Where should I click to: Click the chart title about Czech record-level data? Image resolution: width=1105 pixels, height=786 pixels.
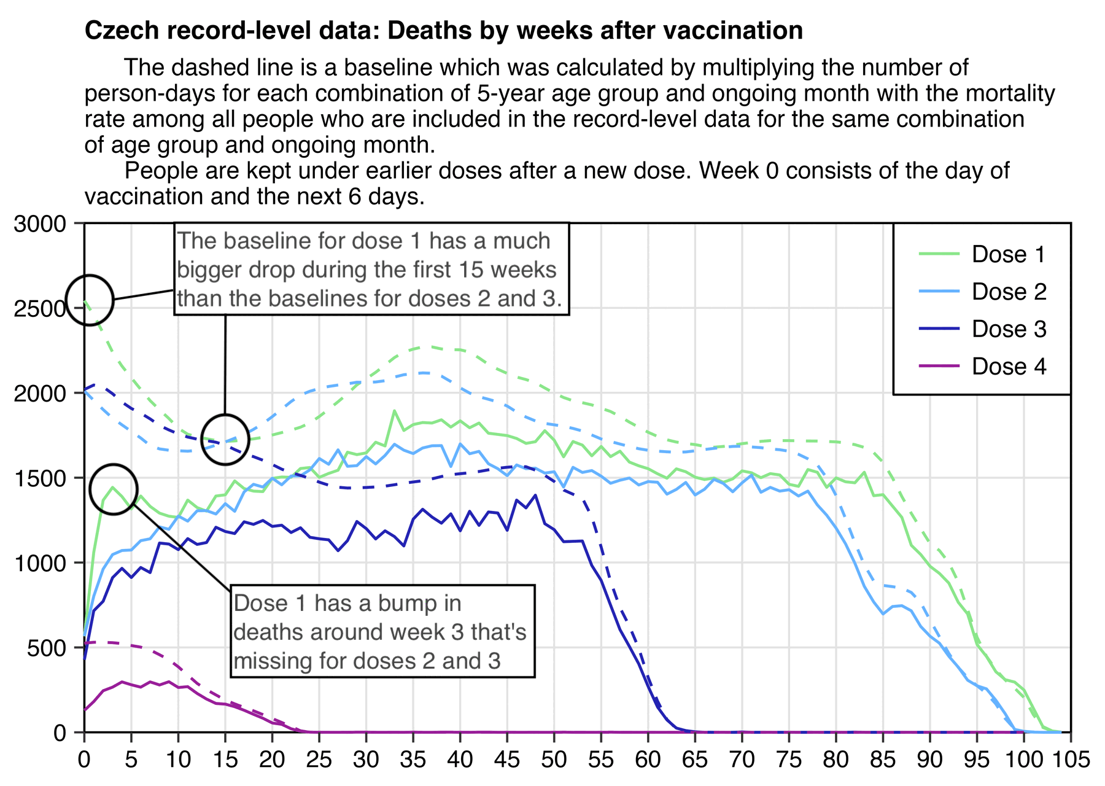point(443,31)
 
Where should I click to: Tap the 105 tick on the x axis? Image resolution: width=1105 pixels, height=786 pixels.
point(1071,760)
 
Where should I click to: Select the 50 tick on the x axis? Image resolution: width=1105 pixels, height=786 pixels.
point(554,760)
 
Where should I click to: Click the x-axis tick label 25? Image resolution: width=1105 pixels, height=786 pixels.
point(319,760)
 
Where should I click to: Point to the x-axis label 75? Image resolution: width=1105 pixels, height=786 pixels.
point(789,760)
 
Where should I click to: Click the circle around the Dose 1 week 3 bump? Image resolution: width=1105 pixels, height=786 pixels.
point(113,489)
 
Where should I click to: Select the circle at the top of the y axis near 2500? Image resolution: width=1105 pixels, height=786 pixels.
point(90,300)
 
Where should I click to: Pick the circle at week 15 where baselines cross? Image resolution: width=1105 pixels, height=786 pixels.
point(225,439)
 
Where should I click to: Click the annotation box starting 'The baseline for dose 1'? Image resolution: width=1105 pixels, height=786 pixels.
point(371,269)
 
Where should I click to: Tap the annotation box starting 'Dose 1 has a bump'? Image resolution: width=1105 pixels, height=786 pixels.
point(382,631)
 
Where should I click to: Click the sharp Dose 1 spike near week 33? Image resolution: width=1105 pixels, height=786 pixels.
point(394,411)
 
